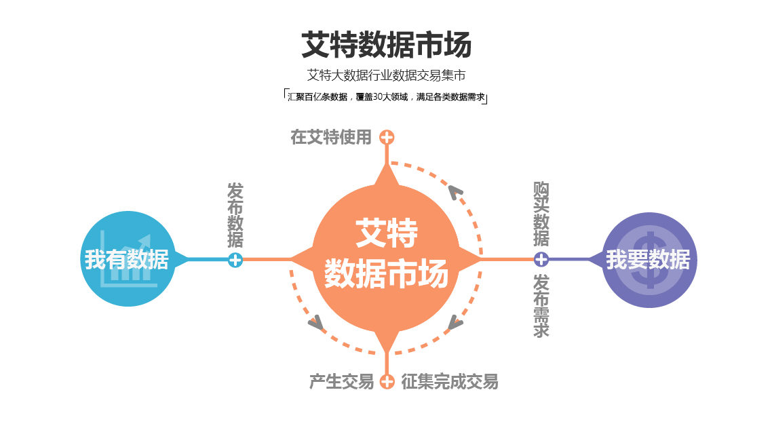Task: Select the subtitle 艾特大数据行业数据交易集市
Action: coord(387,75)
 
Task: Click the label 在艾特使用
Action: coord(331,137)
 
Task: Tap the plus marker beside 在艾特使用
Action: coord(387,138)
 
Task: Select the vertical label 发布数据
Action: coord(235,215)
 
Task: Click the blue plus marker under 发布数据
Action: coord(235,260)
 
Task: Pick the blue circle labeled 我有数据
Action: coord(128,259)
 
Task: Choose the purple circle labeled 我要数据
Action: coord(649,260)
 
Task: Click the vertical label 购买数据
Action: coord(541,214)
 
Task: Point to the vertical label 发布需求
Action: coord(541,305)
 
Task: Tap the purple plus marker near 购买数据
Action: coord(541,259)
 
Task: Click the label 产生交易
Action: coord(341,382)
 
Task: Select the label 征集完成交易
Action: coord(450,382)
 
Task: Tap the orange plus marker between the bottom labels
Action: coord(387,382)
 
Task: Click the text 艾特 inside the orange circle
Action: coord(387,233)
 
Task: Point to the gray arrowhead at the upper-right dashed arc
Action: coord(455,193)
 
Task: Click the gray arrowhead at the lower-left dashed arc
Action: coord(315,323)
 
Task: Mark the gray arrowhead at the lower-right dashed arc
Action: coord(455,323)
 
